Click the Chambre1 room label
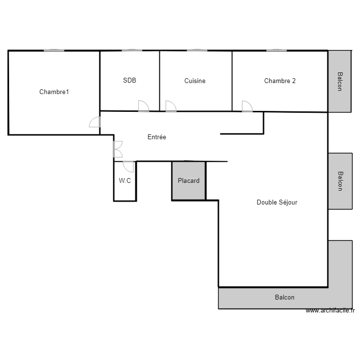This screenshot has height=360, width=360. pyautogui.click(x=54, y=92)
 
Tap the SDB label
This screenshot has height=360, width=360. pyautogui.click(x=130, y=81)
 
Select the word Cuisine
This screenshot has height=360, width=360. pyautogui.click(x=195, y=81)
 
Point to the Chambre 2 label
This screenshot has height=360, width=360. pyautogui.click(x=280, y=81)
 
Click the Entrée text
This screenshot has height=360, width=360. pyautogui.click(x=156, y=137)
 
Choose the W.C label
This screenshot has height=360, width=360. pyautogui.click(x=125, y=181)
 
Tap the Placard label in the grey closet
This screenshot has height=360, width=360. pyautogui.click(x=189, y=181)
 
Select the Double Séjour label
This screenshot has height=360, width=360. pyautogui.click(x=277, y=203)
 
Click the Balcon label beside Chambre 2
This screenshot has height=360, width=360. pyautogui.click(x=340, y=82)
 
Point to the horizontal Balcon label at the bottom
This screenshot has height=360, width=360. pyautogui.click(x=285, y=298)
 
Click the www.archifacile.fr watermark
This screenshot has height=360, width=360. pyautogui.click(x=330, y=311)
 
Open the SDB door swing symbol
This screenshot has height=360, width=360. pyautogui.click(x=143, y=106)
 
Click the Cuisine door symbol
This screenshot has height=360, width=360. pyautogui.click(x=170, y=106)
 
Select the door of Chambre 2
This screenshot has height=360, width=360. pyautogui.click(x=247, y=106)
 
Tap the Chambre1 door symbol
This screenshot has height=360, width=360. pyautogui.click(x=95, y=122)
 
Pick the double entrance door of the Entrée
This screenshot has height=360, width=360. pyautogui.click(x=118, y=149)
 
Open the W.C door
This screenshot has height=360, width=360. pyautogui.click(x=128, y=167)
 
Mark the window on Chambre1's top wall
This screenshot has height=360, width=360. pyautogui.click(x=54, y=50)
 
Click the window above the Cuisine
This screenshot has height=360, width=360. pyautogui.click(x=197, y=50)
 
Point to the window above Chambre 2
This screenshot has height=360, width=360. pyautogui.click(x=276, y=50)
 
